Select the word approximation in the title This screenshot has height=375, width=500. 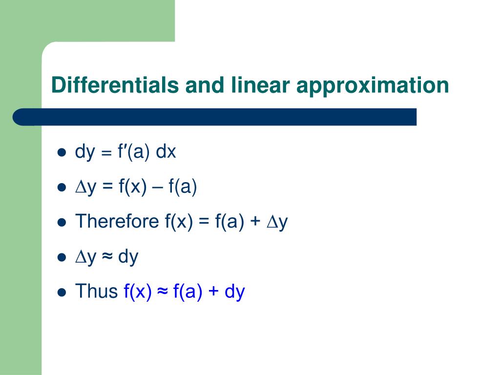[x=373, y=86]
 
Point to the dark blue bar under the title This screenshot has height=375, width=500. [x=215, y=117]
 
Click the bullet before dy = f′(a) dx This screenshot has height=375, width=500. [x=62, y=153]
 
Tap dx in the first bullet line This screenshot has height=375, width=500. [x=166, y=152]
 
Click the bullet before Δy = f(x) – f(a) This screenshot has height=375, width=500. [x=62, y=188]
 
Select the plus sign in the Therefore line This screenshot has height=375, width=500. [x=255, y=223]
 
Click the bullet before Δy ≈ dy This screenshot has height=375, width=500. [x=62, y=257]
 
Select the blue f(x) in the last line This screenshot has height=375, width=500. [x=138, y=292]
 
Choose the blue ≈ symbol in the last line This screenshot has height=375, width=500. [x=163, y=292]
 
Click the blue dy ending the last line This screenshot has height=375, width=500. [x=234, y=292]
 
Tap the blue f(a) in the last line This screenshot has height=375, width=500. [x=187, y=292]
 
